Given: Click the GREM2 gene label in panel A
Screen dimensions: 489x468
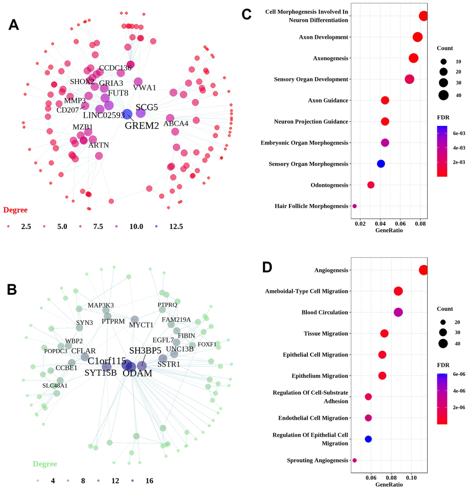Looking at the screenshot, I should point(142,125).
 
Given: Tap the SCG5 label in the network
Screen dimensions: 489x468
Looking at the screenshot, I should point(147,107).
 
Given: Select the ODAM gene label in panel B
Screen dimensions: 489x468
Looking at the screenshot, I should point(137,373).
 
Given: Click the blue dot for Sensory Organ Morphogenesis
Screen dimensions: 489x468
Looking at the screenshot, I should point(380,163).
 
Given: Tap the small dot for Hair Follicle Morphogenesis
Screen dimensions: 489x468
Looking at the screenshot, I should point(355,206).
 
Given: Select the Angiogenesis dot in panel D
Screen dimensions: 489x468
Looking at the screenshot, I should point(423,270).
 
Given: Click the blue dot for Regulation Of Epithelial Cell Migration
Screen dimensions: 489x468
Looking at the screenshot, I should point(368,439).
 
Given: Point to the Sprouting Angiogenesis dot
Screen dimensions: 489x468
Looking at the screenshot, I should point(355,460).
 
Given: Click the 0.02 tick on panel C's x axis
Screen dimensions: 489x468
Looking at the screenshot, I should point(361,224).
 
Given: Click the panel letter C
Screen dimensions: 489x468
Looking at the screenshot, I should point(246,15).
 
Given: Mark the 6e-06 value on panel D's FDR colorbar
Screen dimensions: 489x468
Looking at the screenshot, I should point(456,374).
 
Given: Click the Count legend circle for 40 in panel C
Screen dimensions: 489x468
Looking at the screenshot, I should point(444,95).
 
